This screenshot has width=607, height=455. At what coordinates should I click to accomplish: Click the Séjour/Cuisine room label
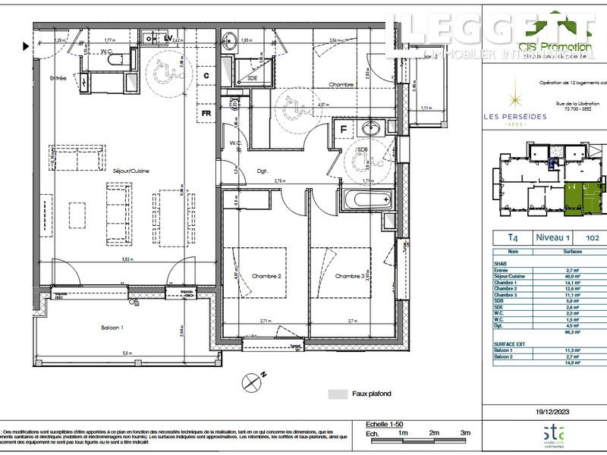(x=132, y=171)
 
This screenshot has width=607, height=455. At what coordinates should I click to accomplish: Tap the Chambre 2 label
(x=266, y=276)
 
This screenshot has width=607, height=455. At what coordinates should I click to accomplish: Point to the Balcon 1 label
(x=113, y=328)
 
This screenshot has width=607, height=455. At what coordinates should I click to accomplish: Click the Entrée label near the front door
(x=58, y=78)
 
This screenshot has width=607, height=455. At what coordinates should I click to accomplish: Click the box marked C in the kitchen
(x=206, y=75)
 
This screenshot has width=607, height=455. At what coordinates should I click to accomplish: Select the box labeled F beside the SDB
(x=343, y=129)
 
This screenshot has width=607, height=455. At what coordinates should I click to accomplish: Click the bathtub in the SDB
(x=366, y=202)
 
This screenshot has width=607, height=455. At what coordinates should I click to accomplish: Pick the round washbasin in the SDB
(x=373, y=129)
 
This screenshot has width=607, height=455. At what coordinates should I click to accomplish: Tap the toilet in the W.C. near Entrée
(x=115, y=58)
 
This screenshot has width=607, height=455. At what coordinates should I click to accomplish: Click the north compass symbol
(x=252, y=383)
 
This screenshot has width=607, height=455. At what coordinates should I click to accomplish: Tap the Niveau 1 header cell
(x=554, y=237)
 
